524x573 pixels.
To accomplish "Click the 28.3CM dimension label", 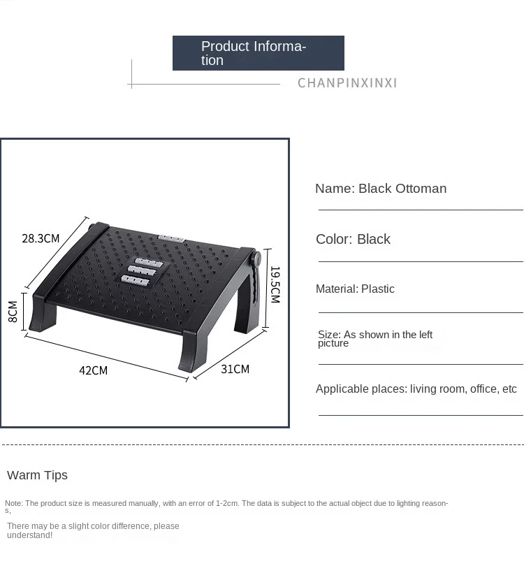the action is coord(41,238).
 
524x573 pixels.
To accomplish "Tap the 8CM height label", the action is coord(13,311).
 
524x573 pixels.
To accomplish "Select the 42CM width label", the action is coord(93,370).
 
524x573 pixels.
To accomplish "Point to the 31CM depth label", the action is coord(235,369).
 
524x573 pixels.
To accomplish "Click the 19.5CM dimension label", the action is coord(275,284).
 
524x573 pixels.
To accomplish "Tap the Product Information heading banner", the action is coord(258,53).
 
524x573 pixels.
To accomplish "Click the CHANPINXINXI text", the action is coord(347,83).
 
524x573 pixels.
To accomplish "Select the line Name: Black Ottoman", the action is coord(380,189).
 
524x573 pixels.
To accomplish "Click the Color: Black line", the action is coord(353,240).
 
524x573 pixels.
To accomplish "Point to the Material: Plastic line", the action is coord(355,289).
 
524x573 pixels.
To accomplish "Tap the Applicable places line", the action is coord(416,389).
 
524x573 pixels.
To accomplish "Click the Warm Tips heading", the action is coord(37,475).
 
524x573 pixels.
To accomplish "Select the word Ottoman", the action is coord(421,189).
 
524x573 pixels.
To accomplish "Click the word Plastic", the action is coord(378,289).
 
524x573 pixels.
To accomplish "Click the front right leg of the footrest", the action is coord(191,352).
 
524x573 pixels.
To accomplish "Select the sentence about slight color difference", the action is coord(93,530).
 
